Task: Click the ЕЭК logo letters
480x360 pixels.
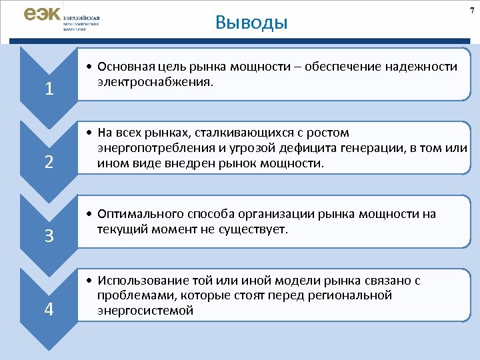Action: (x=41, y=15)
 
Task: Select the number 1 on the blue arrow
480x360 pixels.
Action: (x=49, y=89)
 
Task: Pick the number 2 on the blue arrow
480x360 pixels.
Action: (x=49, y=162)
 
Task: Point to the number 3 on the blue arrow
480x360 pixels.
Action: (x=49, y=236)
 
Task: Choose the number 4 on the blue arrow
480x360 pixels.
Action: (x=49, y=309)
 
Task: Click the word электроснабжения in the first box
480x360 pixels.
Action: (x=155, y=83)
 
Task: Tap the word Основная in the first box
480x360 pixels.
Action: (x=125, y=67)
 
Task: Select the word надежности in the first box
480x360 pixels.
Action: (x=425, y=67)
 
